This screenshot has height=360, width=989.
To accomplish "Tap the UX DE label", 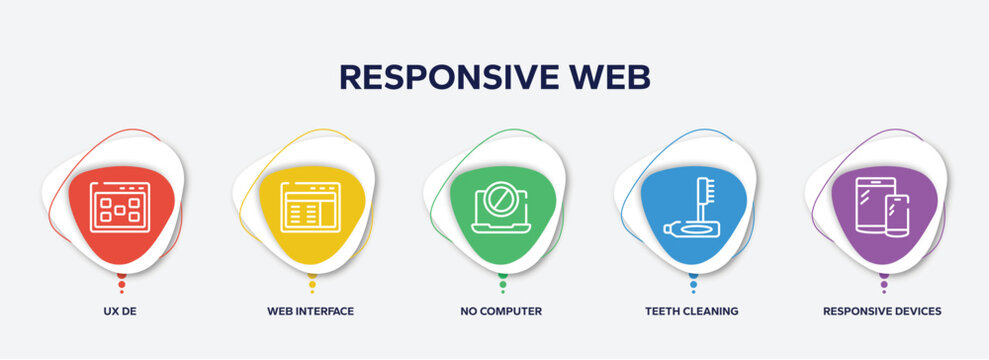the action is pos(121,311).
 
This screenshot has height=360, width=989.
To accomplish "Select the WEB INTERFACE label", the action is pos(310,311).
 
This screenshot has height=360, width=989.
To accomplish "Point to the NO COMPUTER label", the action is pos(500,311).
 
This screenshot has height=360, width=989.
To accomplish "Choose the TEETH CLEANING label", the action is pos(692,311).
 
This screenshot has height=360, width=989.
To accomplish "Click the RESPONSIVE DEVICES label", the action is pos(882,311).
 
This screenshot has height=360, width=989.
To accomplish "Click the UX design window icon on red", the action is pos(120,207).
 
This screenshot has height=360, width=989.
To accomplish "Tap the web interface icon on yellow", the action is pos(310,206).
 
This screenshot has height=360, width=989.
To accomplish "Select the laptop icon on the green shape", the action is pos(500,208).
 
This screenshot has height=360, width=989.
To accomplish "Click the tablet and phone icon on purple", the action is pos(882,207).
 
